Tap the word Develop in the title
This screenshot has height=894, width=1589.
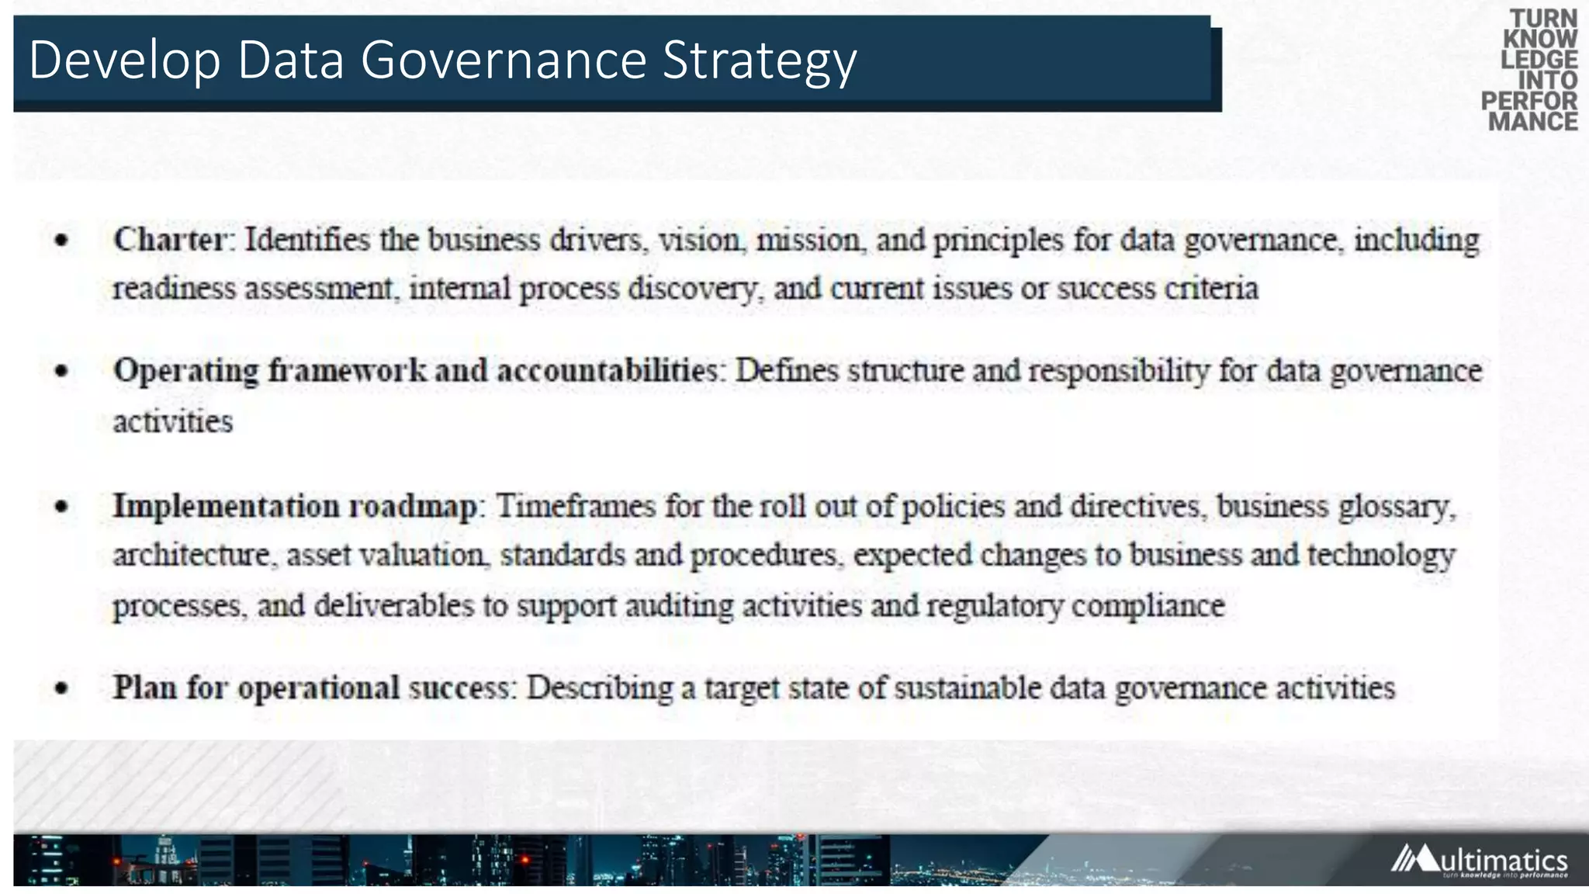click(x=124, y=61)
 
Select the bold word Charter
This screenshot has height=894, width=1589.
click(x=170, y=239)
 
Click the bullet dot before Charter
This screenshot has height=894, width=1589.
click(x=62, y=241)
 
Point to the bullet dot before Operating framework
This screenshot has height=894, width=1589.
click(x=62, y=372)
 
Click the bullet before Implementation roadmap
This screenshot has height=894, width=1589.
click(x=62, y=508)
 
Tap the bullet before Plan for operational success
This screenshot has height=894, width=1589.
click(x=62, y=688)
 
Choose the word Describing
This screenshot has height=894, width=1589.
click(x=600, y=688)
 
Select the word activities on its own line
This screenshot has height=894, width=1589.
click(x=173, y=421)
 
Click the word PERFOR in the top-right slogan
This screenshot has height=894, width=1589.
click(x=1528, y=101)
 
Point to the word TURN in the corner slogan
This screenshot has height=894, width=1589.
click(x=1543, y=19)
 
